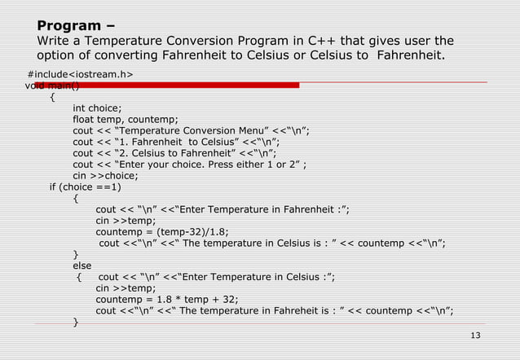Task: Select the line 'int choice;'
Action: click(97, 108)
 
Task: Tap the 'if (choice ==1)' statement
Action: click(85, 186)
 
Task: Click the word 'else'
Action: click(82, 265)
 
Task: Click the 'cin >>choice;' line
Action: click(106, 174)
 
